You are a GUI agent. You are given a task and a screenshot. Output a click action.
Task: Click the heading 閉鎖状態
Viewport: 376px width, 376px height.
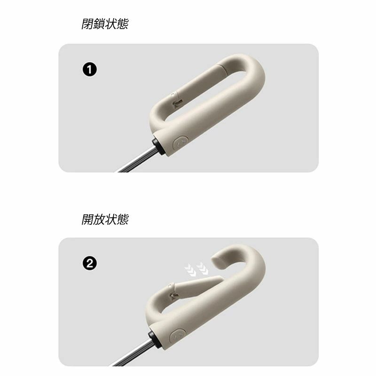click(x=105, y=24)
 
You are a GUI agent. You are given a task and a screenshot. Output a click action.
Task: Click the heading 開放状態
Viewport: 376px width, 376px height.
click(x=105, y=219)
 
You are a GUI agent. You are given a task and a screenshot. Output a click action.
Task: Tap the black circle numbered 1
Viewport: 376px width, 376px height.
click(x=90, y=70)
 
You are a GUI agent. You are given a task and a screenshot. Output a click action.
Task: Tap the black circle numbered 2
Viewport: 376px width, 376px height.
click(x=90, y=264)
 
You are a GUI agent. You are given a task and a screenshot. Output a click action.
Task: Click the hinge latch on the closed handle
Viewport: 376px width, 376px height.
click(x=177, y=100)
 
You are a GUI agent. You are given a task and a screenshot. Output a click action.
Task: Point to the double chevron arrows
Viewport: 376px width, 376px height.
click(x=196, y=269)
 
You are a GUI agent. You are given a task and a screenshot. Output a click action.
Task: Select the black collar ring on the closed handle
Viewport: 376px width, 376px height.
click(x=158, y=146)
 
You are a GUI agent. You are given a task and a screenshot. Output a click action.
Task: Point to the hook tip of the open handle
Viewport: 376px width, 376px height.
click(x=215, y=260)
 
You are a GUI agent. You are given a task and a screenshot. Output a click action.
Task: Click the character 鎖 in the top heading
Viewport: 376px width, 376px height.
click(x=99, y=24)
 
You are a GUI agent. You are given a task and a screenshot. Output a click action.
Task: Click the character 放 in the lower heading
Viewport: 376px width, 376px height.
click(x=99, y=219)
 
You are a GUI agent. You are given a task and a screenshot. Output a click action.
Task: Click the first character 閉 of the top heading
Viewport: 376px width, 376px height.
click(x=87, y=24)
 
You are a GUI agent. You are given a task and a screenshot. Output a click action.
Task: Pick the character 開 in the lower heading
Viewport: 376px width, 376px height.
click(x=87, y=219)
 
